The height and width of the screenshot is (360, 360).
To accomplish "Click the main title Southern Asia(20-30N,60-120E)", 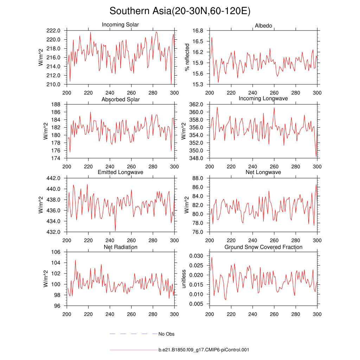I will pos(180,11).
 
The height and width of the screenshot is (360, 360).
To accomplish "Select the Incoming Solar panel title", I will pos(120,25).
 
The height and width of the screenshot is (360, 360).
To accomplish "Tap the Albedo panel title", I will pos(263,26).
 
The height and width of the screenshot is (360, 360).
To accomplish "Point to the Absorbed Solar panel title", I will pos(120,99).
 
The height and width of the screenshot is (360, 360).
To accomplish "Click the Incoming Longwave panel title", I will pos(263,98).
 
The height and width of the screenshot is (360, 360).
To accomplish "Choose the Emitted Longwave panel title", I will pos(120,172).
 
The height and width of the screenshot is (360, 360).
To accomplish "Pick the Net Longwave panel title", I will pos(263,172).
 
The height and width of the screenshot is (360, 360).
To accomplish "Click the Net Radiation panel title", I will pos(120,247).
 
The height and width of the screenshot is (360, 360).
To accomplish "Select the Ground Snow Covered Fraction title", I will pos(263,247).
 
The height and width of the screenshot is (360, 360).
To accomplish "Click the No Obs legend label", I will pos(166,334).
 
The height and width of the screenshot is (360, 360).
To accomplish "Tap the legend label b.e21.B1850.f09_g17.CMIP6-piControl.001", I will pos(204,350).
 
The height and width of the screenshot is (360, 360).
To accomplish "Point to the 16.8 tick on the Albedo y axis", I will pos(199,31).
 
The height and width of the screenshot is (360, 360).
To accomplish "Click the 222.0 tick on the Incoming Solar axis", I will pos(56,31).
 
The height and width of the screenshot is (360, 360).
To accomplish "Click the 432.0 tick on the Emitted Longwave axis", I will pos(56,232).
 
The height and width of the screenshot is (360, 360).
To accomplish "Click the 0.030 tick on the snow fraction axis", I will pos(198,256).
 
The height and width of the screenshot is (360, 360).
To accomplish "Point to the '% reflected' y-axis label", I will pos(187,57).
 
